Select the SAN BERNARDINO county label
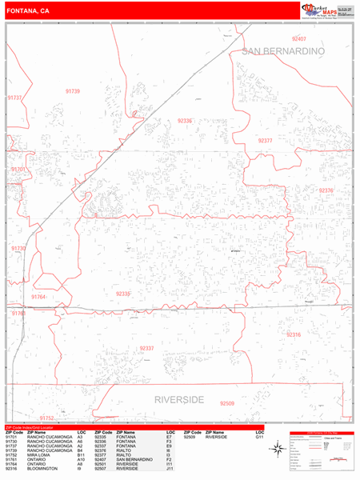click(282, 51)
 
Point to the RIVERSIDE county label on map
click(181, 398)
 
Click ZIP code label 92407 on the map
click(299, 38)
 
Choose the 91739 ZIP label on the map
click(72, 91)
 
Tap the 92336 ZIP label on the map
click(185, 120)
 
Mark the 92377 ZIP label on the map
click(266, 140)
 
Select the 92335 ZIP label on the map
click(123, 294)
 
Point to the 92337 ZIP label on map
click(146, 348)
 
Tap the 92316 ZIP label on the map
click(294, 334)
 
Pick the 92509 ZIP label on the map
click(228, 404)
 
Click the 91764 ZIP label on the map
click(38, 297)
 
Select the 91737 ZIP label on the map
click(14, 97)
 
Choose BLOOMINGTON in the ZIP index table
click(40, 468)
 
